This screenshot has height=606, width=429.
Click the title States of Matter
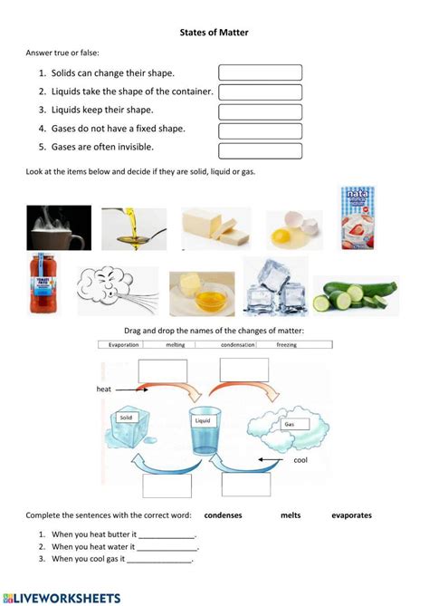tap(214, 32)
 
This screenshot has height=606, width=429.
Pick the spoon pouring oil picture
tap(134, 228)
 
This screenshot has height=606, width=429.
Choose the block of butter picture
tap(215, 227)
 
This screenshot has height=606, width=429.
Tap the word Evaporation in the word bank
tap(122, 345)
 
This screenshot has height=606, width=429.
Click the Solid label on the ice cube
tap(126, 418)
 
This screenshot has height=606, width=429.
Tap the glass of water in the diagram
tap(203, 435)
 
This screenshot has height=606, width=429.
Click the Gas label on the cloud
tap(291, 424)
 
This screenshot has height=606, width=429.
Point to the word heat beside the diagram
tap(103, 389)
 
